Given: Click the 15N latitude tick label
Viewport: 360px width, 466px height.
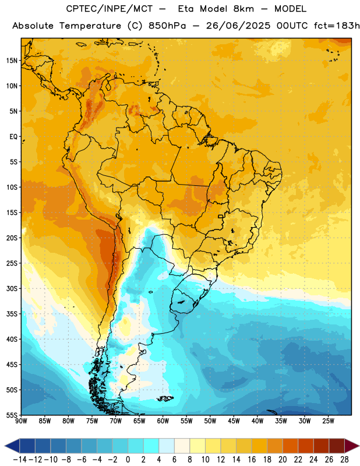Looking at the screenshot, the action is pyautogui.click(x=12, y=61).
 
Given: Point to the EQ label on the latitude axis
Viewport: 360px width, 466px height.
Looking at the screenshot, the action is pyautogui.click(x=13, y=137).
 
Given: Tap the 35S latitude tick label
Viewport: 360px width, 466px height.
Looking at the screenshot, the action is pyautogui.click(x=12, y=314).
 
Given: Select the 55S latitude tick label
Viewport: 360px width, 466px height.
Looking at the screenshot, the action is pyautogui.click(x=12, y=415).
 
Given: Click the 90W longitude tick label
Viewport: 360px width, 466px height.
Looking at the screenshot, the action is pyautogui.click(x=21, y=421).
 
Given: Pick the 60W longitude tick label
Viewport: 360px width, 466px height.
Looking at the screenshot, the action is pyautogui.click(x=163, y=421).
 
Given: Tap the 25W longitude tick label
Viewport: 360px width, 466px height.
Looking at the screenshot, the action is pyautogui.click(x=328, y=421).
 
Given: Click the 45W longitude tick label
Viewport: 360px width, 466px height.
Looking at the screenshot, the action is pyautogui.click(x=234, y=421).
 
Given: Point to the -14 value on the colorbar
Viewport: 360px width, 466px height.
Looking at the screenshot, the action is pyautogui.click(x=20, y=460).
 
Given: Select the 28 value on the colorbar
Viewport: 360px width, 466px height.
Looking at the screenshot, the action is pyautogui.click(x=344, y=460).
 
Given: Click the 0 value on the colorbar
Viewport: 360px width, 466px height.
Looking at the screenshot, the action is pyautogui.click(x=128, y=460).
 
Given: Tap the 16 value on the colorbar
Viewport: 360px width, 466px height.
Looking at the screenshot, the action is pyautogui.click(x=252, y=460).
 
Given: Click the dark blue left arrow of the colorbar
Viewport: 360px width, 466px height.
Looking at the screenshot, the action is pyautogui.click(x=12, y=446).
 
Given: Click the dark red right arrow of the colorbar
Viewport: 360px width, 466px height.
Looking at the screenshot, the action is pyautogui.click(x=352, y=446).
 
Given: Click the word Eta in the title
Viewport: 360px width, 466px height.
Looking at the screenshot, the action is pyautogui.click(x=185, y=9).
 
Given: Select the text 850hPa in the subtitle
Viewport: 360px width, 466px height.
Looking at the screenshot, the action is pyautogui.click(x=167, y=26).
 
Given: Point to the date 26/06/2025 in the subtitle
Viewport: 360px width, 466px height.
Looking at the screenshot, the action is pyautogui.click(x=238, y=26).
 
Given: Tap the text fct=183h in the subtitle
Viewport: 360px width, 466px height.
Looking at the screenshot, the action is pyautogui.click(x=337, y=26).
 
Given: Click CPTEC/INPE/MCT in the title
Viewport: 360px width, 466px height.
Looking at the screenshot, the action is pyautogui.click(x=110, y=9).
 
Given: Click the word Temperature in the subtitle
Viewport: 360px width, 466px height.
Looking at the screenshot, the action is pyautogui.click(x=90, y=26).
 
